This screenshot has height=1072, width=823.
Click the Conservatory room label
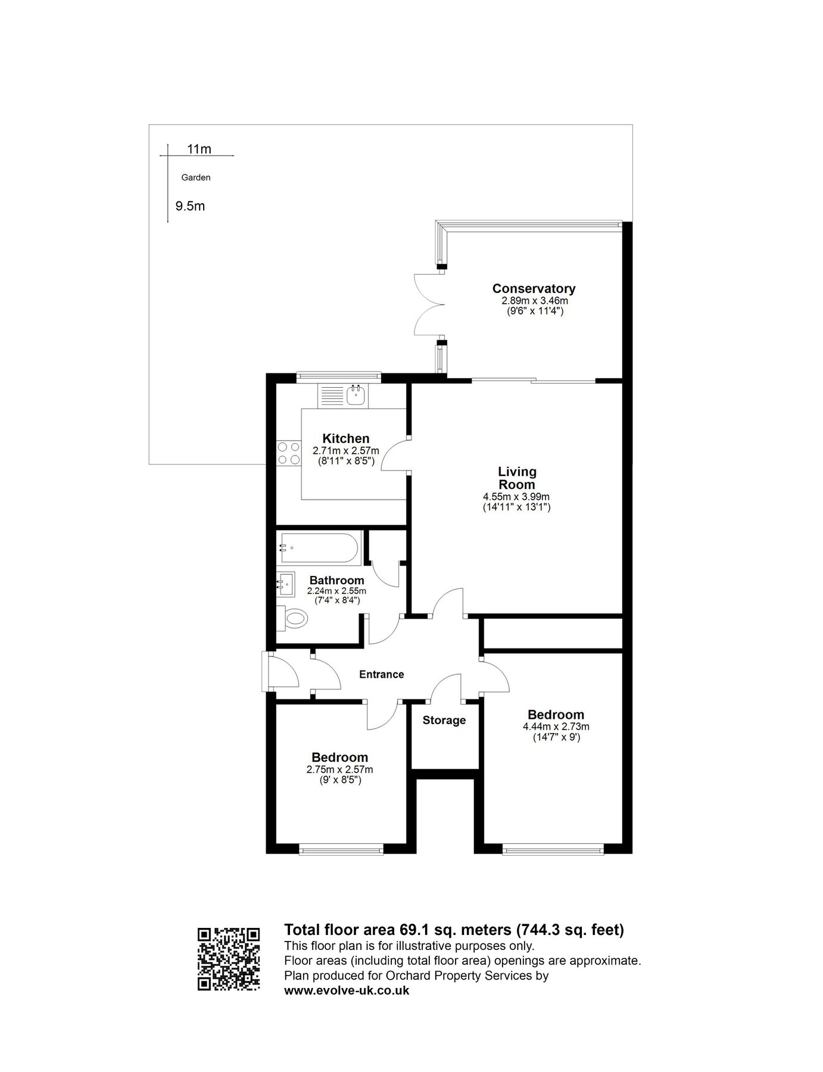pos(533,289)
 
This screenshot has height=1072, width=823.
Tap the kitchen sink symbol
pos(356,394)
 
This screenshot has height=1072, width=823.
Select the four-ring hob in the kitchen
pos(288,453)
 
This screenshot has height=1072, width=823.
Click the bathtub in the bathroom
pos(319,548)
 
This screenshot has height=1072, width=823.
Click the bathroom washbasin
pos(286,584)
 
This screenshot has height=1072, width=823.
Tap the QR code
pos(229,959)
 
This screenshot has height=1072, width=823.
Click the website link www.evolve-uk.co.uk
pos(347,991)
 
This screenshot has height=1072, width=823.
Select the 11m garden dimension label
pos(199,149)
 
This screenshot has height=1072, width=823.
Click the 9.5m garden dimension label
pos(190,206)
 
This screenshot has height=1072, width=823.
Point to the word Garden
pos(196,177)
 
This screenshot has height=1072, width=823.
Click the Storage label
pos(444,721)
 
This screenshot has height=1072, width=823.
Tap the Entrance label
pos(381,674)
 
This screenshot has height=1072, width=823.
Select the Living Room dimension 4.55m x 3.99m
pos(516,497)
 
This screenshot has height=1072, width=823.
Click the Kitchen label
pos(345,439)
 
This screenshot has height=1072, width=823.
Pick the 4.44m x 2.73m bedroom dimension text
pos(556,727)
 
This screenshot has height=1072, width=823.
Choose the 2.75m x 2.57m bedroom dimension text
pos(339,769)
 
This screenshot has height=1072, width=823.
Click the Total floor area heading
pos(454,930)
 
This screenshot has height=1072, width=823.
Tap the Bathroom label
pos(336,580)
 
